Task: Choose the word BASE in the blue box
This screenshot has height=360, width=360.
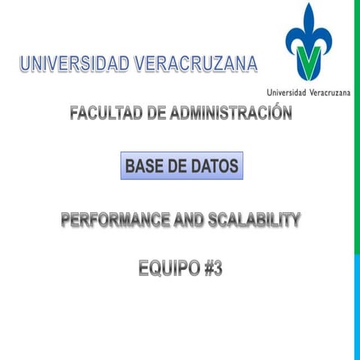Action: (145, 166)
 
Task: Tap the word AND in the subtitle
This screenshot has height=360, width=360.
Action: (189, 220)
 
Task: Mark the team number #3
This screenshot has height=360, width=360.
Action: (213, 268)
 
